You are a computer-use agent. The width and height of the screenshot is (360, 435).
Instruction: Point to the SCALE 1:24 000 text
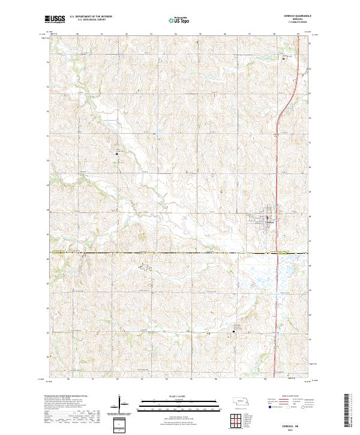[180, 396]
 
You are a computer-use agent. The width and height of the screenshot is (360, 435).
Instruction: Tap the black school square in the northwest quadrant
[117, 154]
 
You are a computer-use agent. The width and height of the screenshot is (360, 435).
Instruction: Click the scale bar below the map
[180, 402]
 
